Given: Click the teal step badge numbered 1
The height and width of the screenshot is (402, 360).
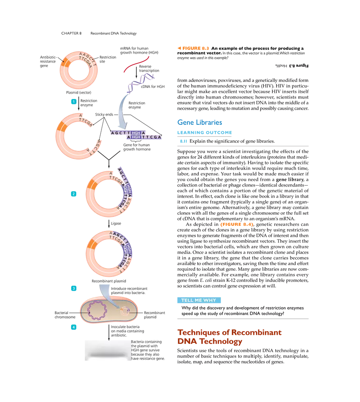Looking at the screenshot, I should coord(73,101).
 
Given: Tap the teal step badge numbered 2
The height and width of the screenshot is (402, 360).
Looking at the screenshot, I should coord(73,194).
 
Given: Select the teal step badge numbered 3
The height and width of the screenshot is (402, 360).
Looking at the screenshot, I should coord(73,289).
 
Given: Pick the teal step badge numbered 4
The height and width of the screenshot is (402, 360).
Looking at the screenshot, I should coord(73,327).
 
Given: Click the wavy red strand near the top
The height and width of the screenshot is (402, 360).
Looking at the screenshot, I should coord(136,65).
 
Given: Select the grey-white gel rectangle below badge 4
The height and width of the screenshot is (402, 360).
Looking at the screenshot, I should coord(106,350).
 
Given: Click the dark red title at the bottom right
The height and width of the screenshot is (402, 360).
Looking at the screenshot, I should coord(229,337).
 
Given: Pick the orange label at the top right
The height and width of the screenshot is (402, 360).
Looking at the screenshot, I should coord(193,48).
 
